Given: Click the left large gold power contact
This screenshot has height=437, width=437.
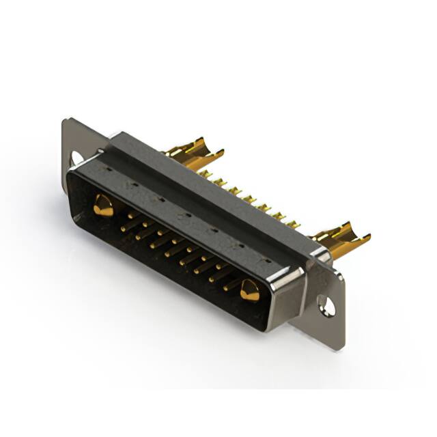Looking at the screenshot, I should coord(103,206).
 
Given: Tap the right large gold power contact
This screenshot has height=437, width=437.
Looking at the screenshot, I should coord(249,291).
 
